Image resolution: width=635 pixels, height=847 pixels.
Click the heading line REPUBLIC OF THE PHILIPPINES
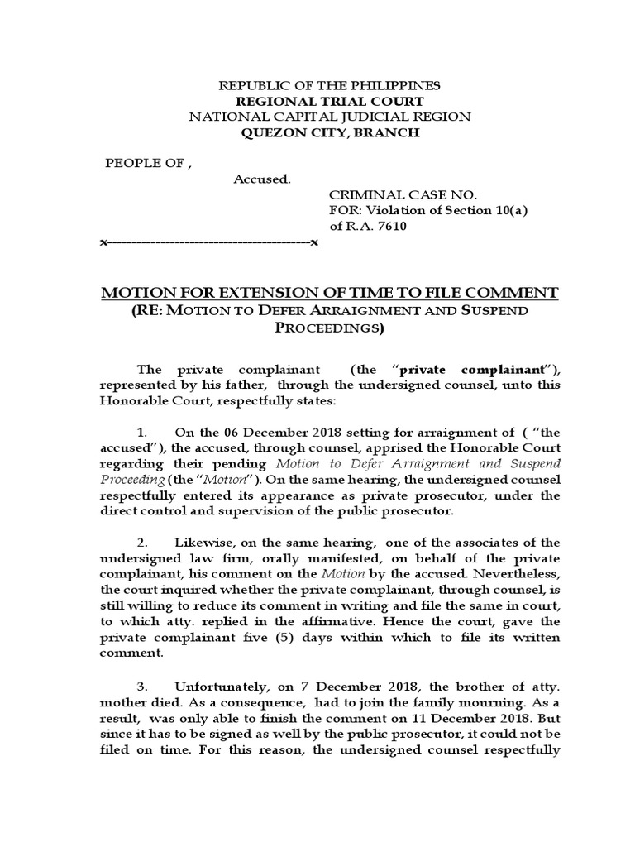point(328,85)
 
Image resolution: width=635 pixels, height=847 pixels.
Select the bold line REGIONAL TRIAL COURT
point(328,101)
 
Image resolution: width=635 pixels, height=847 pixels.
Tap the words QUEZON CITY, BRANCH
point(328,132)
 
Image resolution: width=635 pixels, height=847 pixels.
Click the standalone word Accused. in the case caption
point(261,179)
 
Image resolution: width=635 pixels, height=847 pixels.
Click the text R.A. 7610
point(369,226)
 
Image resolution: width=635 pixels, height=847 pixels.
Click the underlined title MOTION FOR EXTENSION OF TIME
point(328,293)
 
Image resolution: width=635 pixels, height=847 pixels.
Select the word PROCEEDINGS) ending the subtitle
point(328,328)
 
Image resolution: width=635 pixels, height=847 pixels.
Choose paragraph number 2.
point(141,542)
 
